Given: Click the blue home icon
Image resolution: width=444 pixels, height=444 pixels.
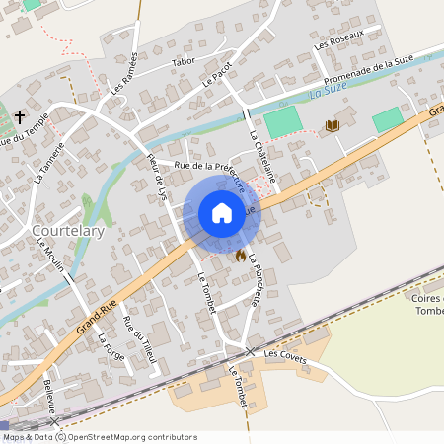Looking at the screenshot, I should (x=221, y=213).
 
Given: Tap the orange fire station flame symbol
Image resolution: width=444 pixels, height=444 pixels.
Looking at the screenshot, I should (x=240, y=255).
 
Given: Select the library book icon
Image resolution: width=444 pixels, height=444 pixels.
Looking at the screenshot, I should (x=332, y=125).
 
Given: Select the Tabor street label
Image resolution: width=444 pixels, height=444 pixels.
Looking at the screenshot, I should (x=184, y=61).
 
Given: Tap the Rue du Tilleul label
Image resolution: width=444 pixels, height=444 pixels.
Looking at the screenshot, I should (x=139, y=339).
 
